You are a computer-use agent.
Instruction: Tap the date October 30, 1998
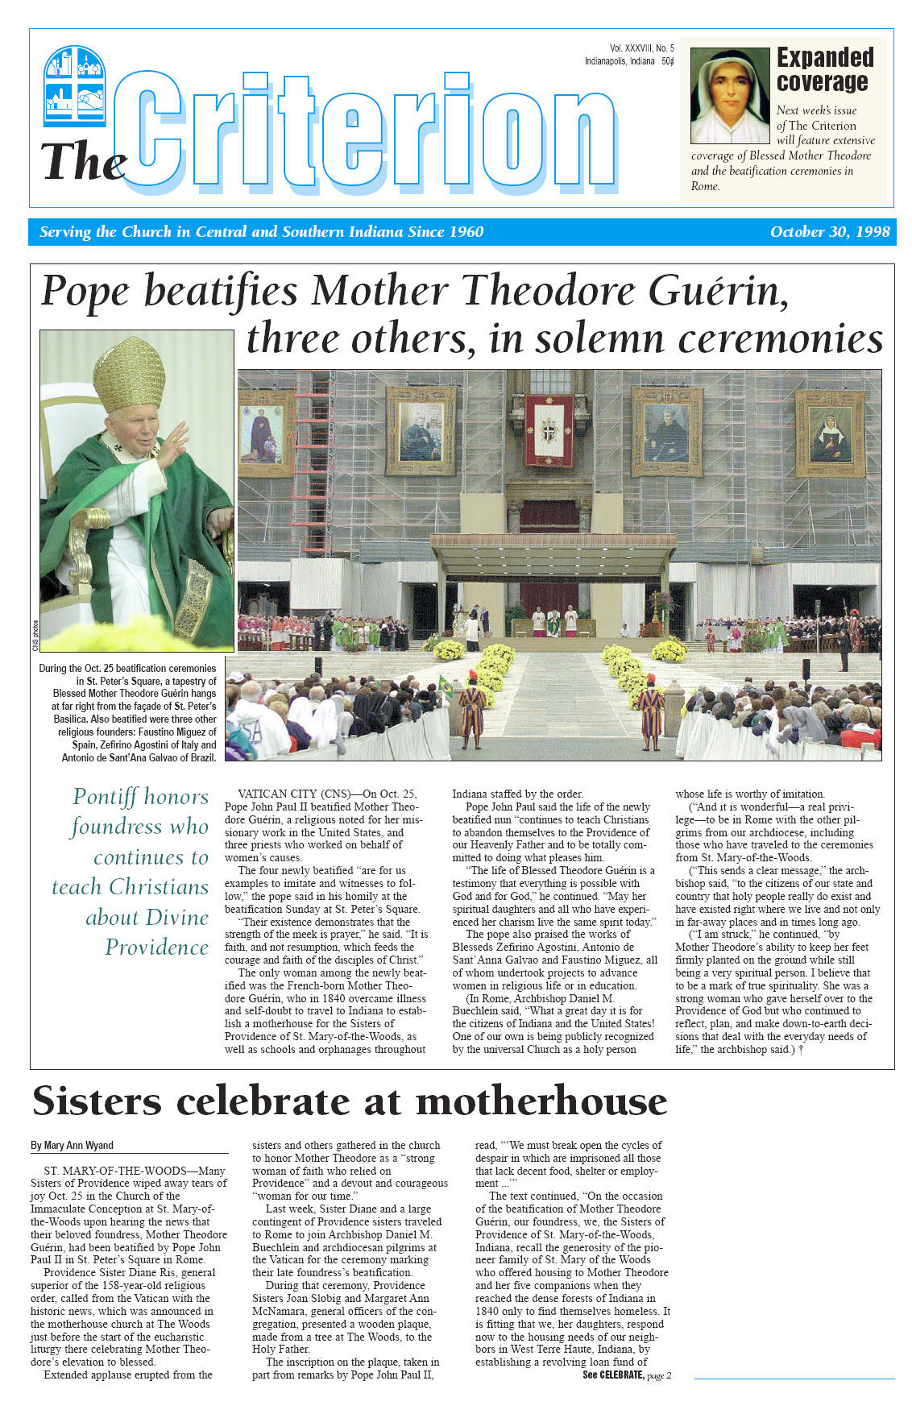pos(829,232)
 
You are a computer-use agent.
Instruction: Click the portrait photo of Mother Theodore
pos(729,96)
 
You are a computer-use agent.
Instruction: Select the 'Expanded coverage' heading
pos(824,69)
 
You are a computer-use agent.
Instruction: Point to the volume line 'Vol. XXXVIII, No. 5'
pos(641,48)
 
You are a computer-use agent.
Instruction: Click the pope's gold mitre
pos(129,375)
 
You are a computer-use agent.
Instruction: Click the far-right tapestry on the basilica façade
pos(830,433)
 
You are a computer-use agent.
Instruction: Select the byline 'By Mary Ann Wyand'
pos(72,1145)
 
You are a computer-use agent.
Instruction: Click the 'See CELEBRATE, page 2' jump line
pos(626,1375)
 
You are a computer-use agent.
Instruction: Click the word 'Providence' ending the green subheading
pos(156,948)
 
